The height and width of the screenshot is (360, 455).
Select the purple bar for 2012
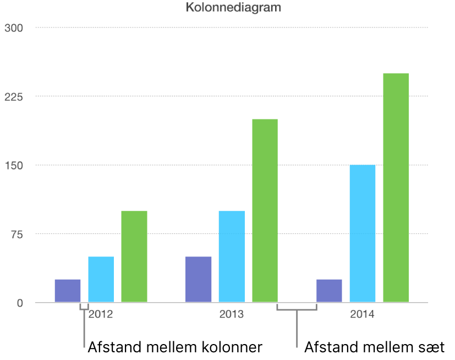pyautogui.click(x=68, y=291)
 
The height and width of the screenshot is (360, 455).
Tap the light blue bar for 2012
pyautogui.click(x=101, y=279)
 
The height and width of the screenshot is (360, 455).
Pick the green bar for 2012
pyautogui.click(x=134, y=257)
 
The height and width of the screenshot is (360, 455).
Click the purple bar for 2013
pyautogui.click(x=198, y=279)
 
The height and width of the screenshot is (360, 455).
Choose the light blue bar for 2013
pyautogui.click(x=232, y=257)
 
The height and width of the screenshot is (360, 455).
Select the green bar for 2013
pyautogui.click(x=265, y=210)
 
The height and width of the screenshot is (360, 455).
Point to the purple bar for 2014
pyautogui.click(x=329, y=291)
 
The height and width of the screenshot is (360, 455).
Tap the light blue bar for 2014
pyautogui.click(x=363, y=233)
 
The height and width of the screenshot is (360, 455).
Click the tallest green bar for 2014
pyautogui.click(x=396, y=188)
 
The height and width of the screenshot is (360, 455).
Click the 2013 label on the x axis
pyautogui.click(x=231, y=315)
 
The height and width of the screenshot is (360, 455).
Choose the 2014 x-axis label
pyautogui.click(x=362, y=315)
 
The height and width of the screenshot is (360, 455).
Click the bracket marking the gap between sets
pyautogui.click(x=297, y=309)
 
